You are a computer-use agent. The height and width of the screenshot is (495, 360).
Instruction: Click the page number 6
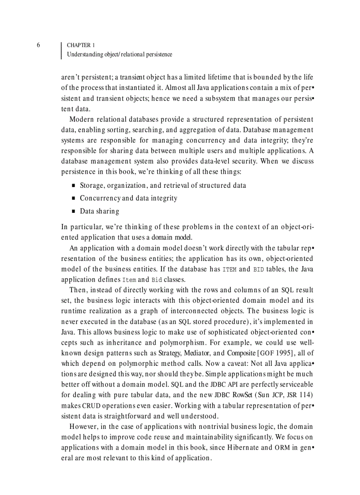[38, 45]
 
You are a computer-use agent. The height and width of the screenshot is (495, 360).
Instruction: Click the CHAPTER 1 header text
[81, 45]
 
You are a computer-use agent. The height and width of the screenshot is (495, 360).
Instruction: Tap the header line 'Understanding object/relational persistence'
[119, 55]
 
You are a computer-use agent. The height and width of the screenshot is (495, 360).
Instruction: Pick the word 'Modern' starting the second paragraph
[82, 119]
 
